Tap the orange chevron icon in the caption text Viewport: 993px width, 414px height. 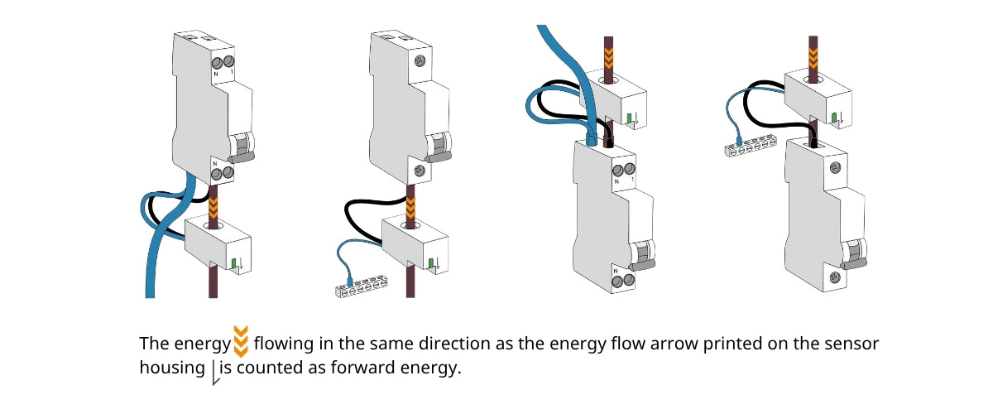(240, 342)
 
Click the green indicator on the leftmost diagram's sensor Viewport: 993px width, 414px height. (234, 265)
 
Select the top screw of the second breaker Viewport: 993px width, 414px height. (419, 60)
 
